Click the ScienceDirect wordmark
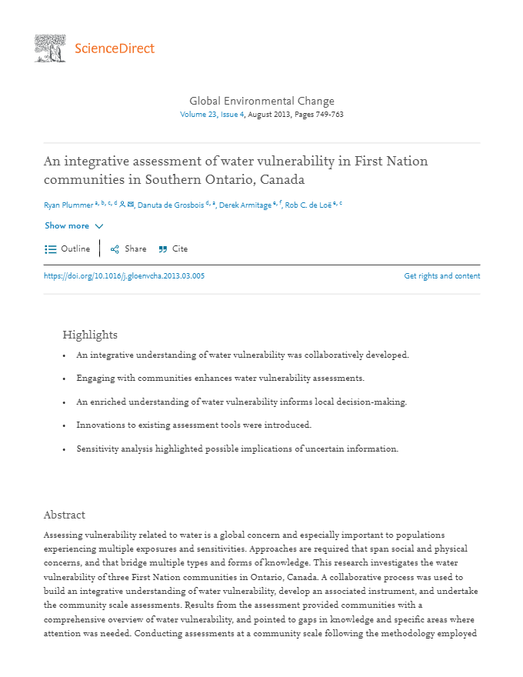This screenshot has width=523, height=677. [115, 49]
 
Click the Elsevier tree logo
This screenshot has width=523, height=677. [50, 48]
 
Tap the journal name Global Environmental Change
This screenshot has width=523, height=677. [261, 101]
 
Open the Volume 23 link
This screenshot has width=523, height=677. [198, 115]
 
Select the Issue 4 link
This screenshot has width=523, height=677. [232, 115]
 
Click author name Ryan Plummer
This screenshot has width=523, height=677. [68, 205]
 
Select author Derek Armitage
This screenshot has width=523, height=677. [245, 205]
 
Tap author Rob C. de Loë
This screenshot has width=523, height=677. [310, 205]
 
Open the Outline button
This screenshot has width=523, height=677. [68, 249]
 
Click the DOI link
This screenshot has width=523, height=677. [124, 276]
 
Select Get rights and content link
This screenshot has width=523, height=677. [441, 276]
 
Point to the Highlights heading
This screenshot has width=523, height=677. [90, 335]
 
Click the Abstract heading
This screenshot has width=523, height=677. [64, 515]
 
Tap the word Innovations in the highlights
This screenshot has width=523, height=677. [100, 425]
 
